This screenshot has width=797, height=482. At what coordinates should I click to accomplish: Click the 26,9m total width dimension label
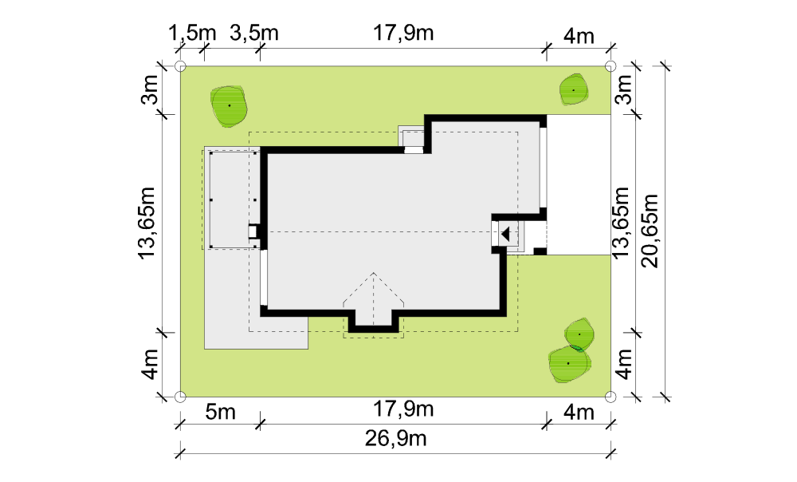395,438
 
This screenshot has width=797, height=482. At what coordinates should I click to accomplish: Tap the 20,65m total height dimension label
650,231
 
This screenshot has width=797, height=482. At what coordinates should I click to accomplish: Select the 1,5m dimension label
192,33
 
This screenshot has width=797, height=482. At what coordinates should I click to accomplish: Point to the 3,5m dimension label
254,33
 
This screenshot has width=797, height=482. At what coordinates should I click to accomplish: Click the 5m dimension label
221,412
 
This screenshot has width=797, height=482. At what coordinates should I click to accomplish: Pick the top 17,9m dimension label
403,33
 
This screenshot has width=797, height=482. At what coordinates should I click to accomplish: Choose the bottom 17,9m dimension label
403,409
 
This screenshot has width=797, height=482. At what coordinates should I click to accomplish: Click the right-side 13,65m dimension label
621,223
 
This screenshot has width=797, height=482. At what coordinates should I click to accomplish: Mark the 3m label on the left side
150,90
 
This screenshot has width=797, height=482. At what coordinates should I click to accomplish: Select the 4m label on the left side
150,365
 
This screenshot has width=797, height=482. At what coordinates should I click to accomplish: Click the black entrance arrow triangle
505,234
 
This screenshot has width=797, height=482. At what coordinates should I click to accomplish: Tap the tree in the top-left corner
230,106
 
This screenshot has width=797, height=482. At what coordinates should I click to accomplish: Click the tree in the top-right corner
574,90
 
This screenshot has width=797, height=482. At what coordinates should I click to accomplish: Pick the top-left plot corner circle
180,66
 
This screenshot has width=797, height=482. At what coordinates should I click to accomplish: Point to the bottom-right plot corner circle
611,397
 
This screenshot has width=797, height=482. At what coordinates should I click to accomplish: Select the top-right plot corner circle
611,66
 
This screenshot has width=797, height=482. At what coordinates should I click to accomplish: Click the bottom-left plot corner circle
180,397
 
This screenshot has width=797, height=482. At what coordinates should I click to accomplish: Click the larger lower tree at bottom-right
569,364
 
